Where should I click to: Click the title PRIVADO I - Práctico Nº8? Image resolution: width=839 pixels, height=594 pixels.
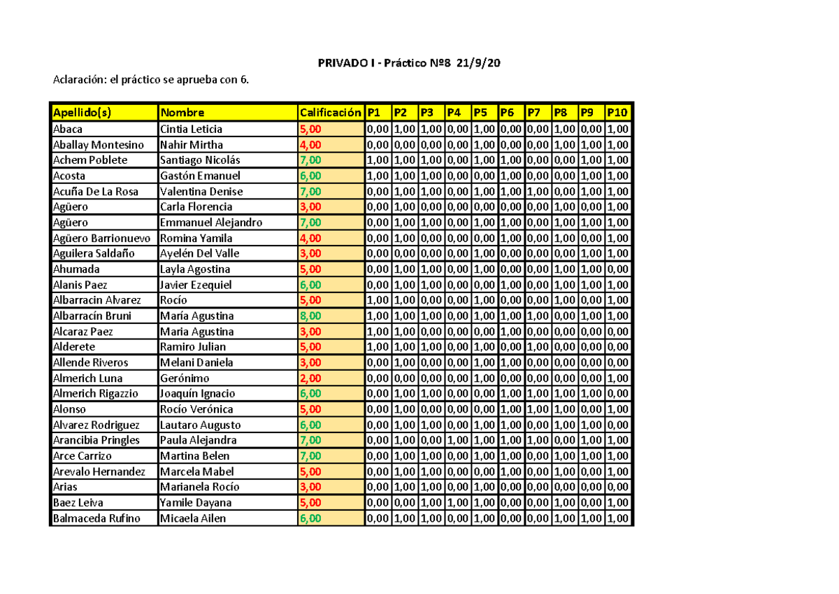(408, 64)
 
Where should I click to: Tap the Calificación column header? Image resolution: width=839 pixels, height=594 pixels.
(330, 113)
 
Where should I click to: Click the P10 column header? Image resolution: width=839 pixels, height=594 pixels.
(617, 113)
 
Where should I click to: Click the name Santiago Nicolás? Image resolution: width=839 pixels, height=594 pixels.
(200, 160)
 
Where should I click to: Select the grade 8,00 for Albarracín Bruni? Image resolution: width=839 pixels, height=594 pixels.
(310, 316)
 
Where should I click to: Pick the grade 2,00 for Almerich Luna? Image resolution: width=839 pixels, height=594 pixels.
(310, 378)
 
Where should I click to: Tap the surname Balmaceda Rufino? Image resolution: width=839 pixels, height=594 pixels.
(96, 518)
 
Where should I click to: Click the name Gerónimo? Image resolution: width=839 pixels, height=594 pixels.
(185, 378)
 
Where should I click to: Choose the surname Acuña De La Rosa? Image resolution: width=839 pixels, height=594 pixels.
(96, 191)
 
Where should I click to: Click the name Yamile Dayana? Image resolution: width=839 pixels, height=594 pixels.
(196, 502)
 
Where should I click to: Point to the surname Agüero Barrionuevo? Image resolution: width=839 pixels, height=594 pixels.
(101, 238)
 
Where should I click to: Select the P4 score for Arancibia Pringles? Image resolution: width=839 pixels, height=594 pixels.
(458, 440)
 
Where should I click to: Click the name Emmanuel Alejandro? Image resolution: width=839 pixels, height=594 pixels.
(211, 222)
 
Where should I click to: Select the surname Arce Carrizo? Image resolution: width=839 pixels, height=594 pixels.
(83, 456)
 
